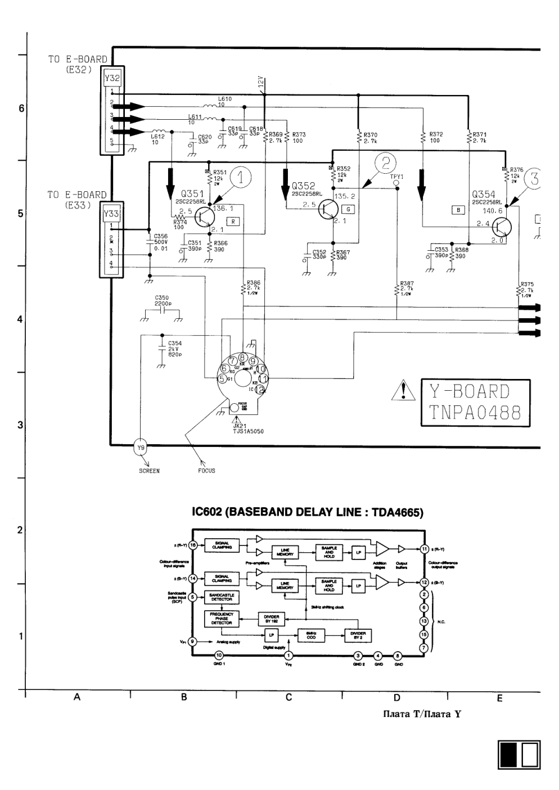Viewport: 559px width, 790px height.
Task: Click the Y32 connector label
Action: point(112,78)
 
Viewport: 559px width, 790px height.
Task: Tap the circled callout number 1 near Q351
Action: point(241,178)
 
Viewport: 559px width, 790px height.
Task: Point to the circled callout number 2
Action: point(386,163)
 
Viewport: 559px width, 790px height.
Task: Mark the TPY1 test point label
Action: point(396,176)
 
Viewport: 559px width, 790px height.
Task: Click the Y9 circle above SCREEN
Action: point(141,448)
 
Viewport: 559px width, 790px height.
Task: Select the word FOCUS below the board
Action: point(206,471)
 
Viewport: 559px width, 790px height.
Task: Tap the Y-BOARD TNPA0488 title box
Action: point(475,402)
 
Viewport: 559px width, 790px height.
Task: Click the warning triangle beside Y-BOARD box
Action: point(403,390)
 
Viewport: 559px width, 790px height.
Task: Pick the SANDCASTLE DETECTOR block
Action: point(222,597)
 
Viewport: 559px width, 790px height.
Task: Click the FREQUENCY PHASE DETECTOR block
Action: point(222,619)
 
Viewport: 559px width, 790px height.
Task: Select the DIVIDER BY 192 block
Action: point(271,619)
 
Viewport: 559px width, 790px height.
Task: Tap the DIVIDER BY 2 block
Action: point(358,635)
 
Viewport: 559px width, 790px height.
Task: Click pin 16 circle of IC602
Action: point(193,545)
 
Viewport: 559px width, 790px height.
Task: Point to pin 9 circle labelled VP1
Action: point(193,641)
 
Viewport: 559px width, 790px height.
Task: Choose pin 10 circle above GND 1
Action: point(219,655)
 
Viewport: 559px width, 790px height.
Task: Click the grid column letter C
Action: point(288,697)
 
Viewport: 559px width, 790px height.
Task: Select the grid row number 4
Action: point(21,319)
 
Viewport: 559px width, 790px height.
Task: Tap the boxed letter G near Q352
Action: point(349,209)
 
